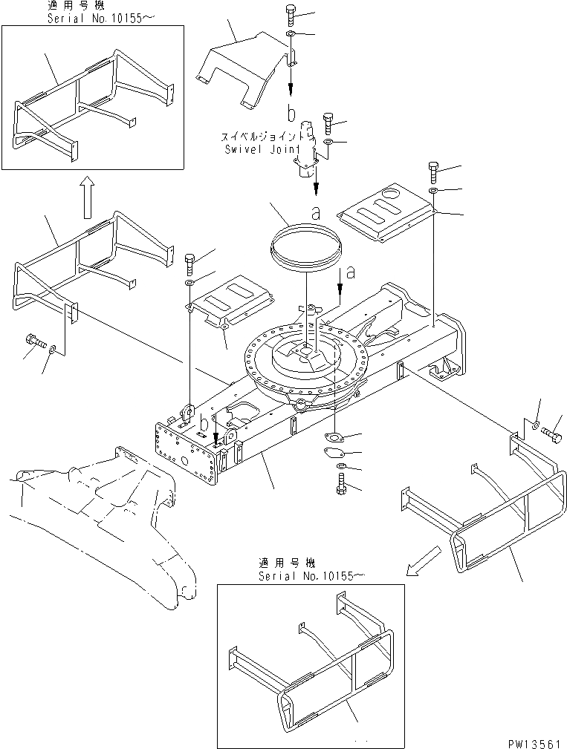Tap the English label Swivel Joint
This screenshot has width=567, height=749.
261,148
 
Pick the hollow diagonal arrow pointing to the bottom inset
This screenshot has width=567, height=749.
421,557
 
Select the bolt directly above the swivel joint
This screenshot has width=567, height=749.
328,121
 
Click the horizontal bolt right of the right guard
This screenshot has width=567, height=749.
552,433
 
